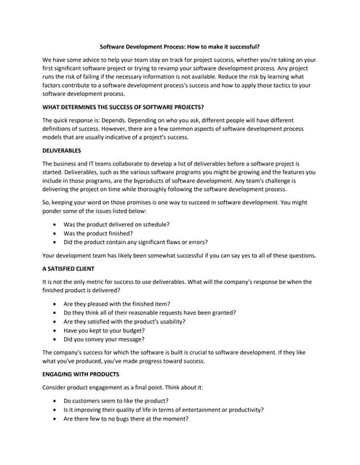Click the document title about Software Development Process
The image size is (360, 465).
[180, 45]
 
